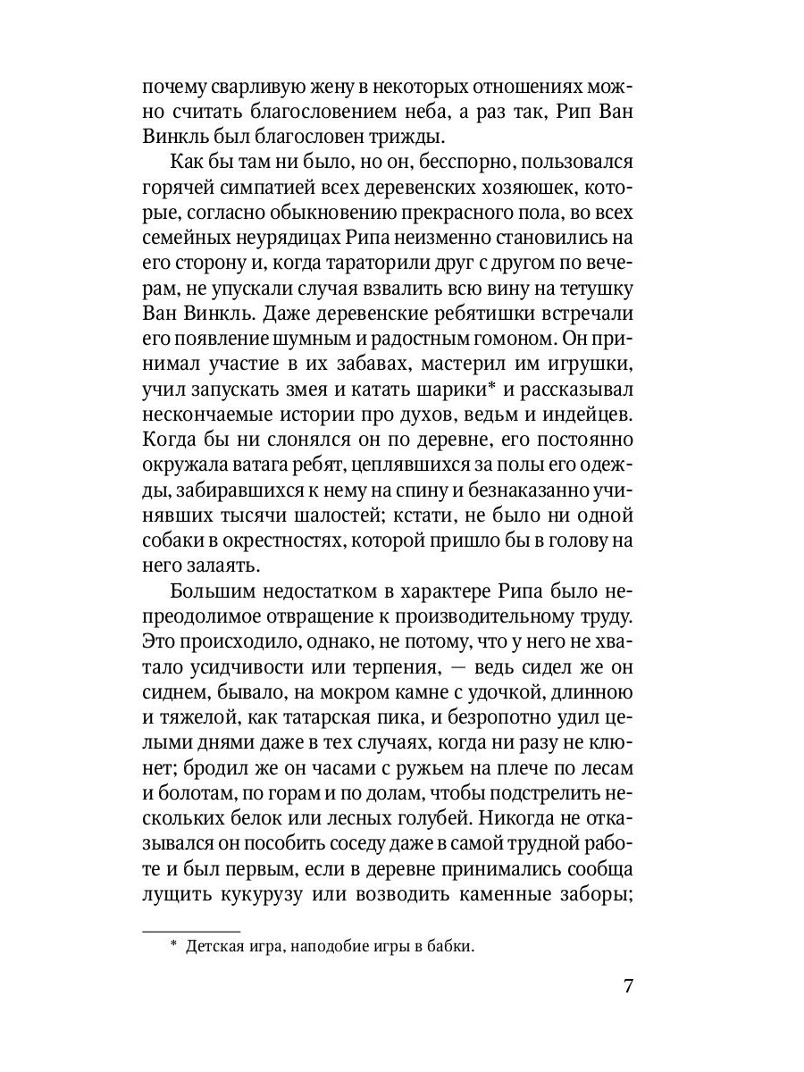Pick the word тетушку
pos(591,289)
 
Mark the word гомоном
pos(504,339)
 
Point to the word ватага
pos(267,465)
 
